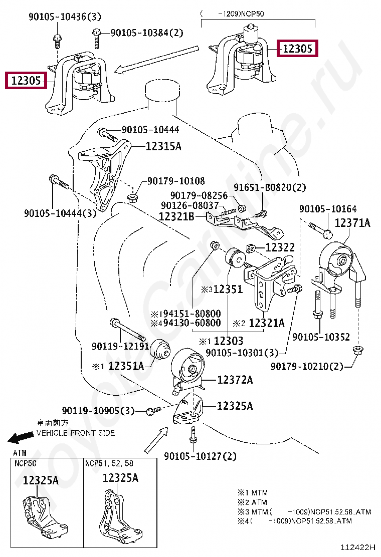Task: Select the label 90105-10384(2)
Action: [x=147, y=33]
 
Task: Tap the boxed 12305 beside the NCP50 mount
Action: [x=298, y=49]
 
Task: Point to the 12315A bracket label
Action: [x=163, y=146]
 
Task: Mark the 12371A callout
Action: [x=352, y=223]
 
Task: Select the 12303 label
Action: [x=228, y=341]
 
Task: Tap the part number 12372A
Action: [x=235, y=380]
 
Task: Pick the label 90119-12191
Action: [x=120, y=346]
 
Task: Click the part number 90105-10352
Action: [x=321, y=337]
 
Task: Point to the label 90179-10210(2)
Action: [x=307, y=367]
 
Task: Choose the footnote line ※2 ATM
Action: [x=252, y=502]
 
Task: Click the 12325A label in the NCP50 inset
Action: [x=41, y=480]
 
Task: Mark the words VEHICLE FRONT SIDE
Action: [x=76, y=433]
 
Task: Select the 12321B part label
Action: [x=176, y=216]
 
